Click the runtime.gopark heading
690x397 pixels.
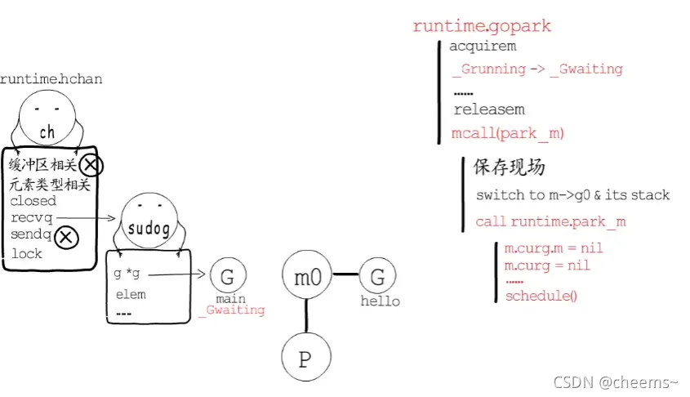click(482, 26)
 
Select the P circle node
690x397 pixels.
click(305, 359)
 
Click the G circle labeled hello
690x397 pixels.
click(377, 277)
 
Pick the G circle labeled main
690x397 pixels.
click(228, 276)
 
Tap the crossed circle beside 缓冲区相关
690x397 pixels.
click(91, 167)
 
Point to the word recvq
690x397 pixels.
click(30, 217)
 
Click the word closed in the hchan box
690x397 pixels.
click(33, 201)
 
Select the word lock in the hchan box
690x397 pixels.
click(26, 254)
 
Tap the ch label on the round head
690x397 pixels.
click(47, 132)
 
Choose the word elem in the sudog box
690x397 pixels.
click(131, 294)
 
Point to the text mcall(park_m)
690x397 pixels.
click(507, 133)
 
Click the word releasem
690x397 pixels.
click(489, 109)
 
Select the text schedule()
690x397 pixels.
click(541, 296)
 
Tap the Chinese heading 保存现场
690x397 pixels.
click(510, 167)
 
